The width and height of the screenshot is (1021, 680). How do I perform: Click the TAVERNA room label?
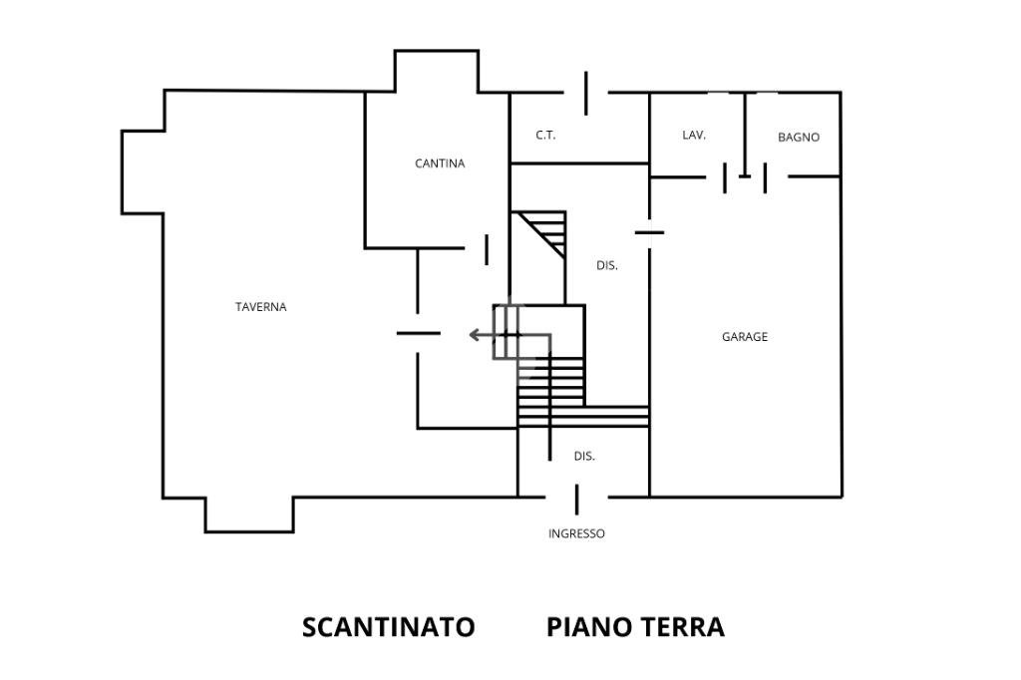pos(261,307)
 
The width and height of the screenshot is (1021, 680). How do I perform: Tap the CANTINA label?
pos(440,164)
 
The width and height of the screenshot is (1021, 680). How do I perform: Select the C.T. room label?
pos(545,136)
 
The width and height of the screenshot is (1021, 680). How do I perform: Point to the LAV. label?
pos(694,135)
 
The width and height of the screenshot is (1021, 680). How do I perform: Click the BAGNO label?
pos(799,138)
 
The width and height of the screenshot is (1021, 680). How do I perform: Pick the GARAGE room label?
pos(745,337)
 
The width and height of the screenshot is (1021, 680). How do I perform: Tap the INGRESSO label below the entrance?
pos(577,533)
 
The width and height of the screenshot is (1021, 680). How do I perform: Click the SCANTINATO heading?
pos(389,627)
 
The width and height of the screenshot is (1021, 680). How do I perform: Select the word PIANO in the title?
pos(589,627)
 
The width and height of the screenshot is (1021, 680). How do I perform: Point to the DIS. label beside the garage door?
pos(607,266)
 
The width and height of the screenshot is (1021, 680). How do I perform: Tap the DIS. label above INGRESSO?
pos(584,457)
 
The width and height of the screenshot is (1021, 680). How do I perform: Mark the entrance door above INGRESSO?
pos(576,500)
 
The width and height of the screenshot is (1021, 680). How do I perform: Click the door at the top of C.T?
pos(586,93)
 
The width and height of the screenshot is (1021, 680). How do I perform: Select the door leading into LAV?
pos(725,177)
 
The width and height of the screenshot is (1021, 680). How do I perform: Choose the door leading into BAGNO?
pos(765,177)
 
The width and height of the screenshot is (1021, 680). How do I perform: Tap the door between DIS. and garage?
pos(649,232)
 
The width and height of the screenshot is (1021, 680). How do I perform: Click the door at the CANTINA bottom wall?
pos(487,249)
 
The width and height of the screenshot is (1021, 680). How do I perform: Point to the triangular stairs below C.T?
pos(540,233)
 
